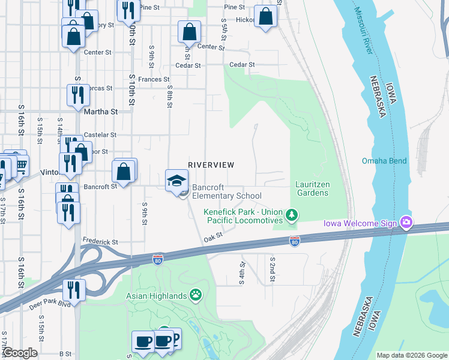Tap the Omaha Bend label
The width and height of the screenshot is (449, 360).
[384, 161]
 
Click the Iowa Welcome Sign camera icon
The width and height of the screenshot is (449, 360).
[406, 223]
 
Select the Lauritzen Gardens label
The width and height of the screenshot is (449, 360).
[312, 188]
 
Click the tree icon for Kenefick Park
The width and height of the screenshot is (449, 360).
[292, 214]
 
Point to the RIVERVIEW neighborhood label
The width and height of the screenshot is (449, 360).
[211, 165]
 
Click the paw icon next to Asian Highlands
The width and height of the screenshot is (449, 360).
[196, 295]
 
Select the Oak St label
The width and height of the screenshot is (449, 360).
[213, 238]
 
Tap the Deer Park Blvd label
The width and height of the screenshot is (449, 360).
[50, 304]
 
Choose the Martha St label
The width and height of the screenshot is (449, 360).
[100, 112]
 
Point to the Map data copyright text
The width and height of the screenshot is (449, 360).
[412, 355]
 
